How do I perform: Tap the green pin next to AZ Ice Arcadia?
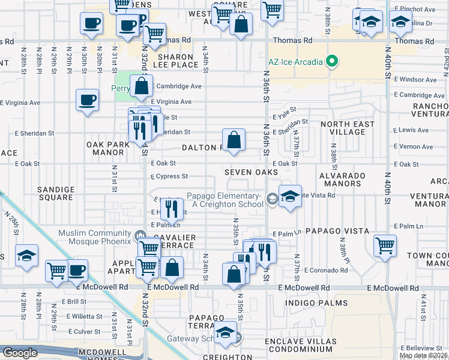tap(330, 61)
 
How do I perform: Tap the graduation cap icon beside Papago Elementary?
tap(290, 197)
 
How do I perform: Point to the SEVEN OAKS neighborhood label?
tap(251, 172)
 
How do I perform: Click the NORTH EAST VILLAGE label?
tap(347, 128)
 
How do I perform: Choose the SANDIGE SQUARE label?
tap(56, 194)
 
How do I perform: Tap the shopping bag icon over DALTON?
tap(235, 139)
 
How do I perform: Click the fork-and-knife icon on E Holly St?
tap(172, 208)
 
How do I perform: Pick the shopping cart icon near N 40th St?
tap(385, 245)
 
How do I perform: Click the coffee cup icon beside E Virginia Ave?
tap(88, 99)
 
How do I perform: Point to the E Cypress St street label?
tap(169, 177)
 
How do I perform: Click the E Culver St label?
tap(83, 331)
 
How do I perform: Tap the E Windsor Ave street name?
tap(415, 79)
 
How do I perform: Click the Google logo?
tap(19, 353)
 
